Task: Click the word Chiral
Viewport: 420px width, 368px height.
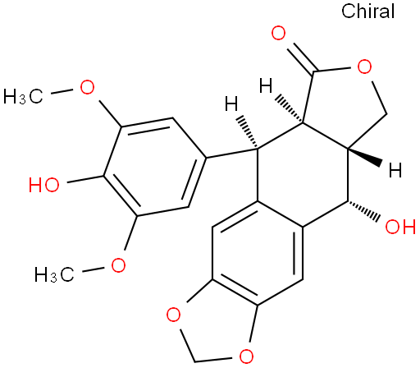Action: tap(367, 11)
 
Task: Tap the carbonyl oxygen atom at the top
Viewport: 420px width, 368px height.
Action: tap(278, 33)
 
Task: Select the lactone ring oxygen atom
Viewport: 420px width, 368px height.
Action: tap(365, 67)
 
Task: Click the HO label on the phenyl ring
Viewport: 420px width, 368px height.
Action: tap(44, 184)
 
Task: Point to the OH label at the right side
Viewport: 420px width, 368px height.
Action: tap(400, 227)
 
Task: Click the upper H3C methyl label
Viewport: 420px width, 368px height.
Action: tap(23, 97)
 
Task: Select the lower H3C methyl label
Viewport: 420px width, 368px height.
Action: tap(54, 274)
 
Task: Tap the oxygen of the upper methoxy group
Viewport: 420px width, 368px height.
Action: tap(87, 87)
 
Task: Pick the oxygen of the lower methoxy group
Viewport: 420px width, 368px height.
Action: tap(118, 264)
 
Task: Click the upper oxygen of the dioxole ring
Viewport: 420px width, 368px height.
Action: tap(174, 315)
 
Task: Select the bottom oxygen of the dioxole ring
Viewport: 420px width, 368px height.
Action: tap(246, 356)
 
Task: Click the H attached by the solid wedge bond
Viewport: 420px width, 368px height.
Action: tap(395, 170)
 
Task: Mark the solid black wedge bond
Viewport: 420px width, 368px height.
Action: tap(365, 157)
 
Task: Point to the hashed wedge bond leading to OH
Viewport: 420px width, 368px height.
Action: tap(363, 211)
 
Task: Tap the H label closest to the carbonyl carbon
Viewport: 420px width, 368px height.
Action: tap(266, 85)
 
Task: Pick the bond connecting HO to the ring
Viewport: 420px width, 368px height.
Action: tap(85, 179)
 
